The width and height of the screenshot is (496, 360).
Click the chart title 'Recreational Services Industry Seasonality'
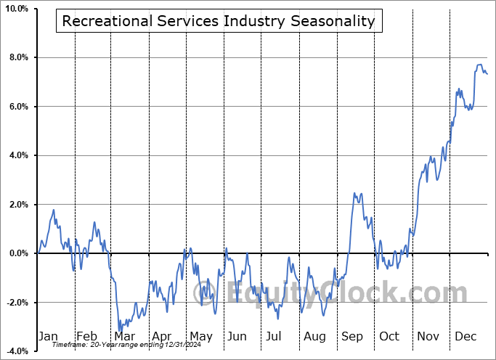tap(219, 21)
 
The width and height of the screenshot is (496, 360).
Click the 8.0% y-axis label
tap(17, 57)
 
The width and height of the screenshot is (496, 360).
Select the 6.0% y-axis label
tap(17, 107)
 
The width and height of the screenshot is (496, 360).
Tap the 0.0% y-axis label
tap(17, 253)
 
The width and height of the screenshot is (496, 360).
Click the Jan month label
tap(48, 336)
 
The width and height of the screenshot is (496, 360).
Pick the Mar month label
tap(123, 336)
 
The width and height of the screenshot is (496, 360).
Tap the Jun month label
tap(237, 336)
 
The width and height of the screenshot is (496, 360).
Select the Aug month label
tap(315, 336)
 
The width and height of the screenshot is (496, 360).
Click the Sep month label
tap(352, 336)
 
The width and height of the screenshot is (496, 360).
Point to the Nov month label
tap(428, 336)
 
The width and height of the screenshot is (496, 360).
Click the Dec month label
tap(465, 336)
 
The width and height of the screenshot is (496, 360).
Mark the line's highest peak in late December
tap(479, 65)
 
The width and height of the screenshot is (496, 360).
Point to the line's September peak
tap(354, 193)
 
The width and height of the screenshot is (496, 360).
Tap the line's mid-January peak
tap(53, 210)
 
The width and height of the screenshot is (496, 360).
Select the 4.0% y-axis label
tap(17, 155)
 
